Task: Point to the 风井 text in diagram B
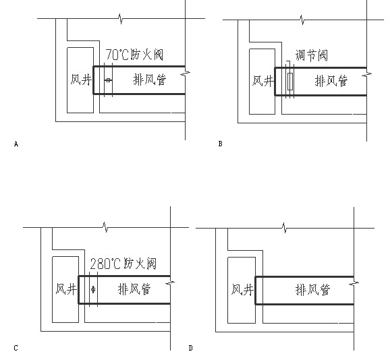coord(262,81)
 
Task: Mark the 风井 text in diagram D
coord(242,290)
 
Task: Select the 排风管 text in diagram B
coord(331,81)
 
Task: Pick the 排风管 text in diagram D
coord(311,290)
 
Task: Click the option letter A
coord(15,144)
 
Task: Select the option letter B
coord(220,144)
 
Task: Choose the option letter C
coord(15,348)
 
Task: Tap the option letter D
coord(191,348)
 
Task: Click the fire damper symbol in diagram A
coord(108,81)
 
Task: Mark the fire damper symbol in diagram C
coord(93,290)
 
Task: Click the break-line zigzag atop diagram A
coord(120,18)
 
